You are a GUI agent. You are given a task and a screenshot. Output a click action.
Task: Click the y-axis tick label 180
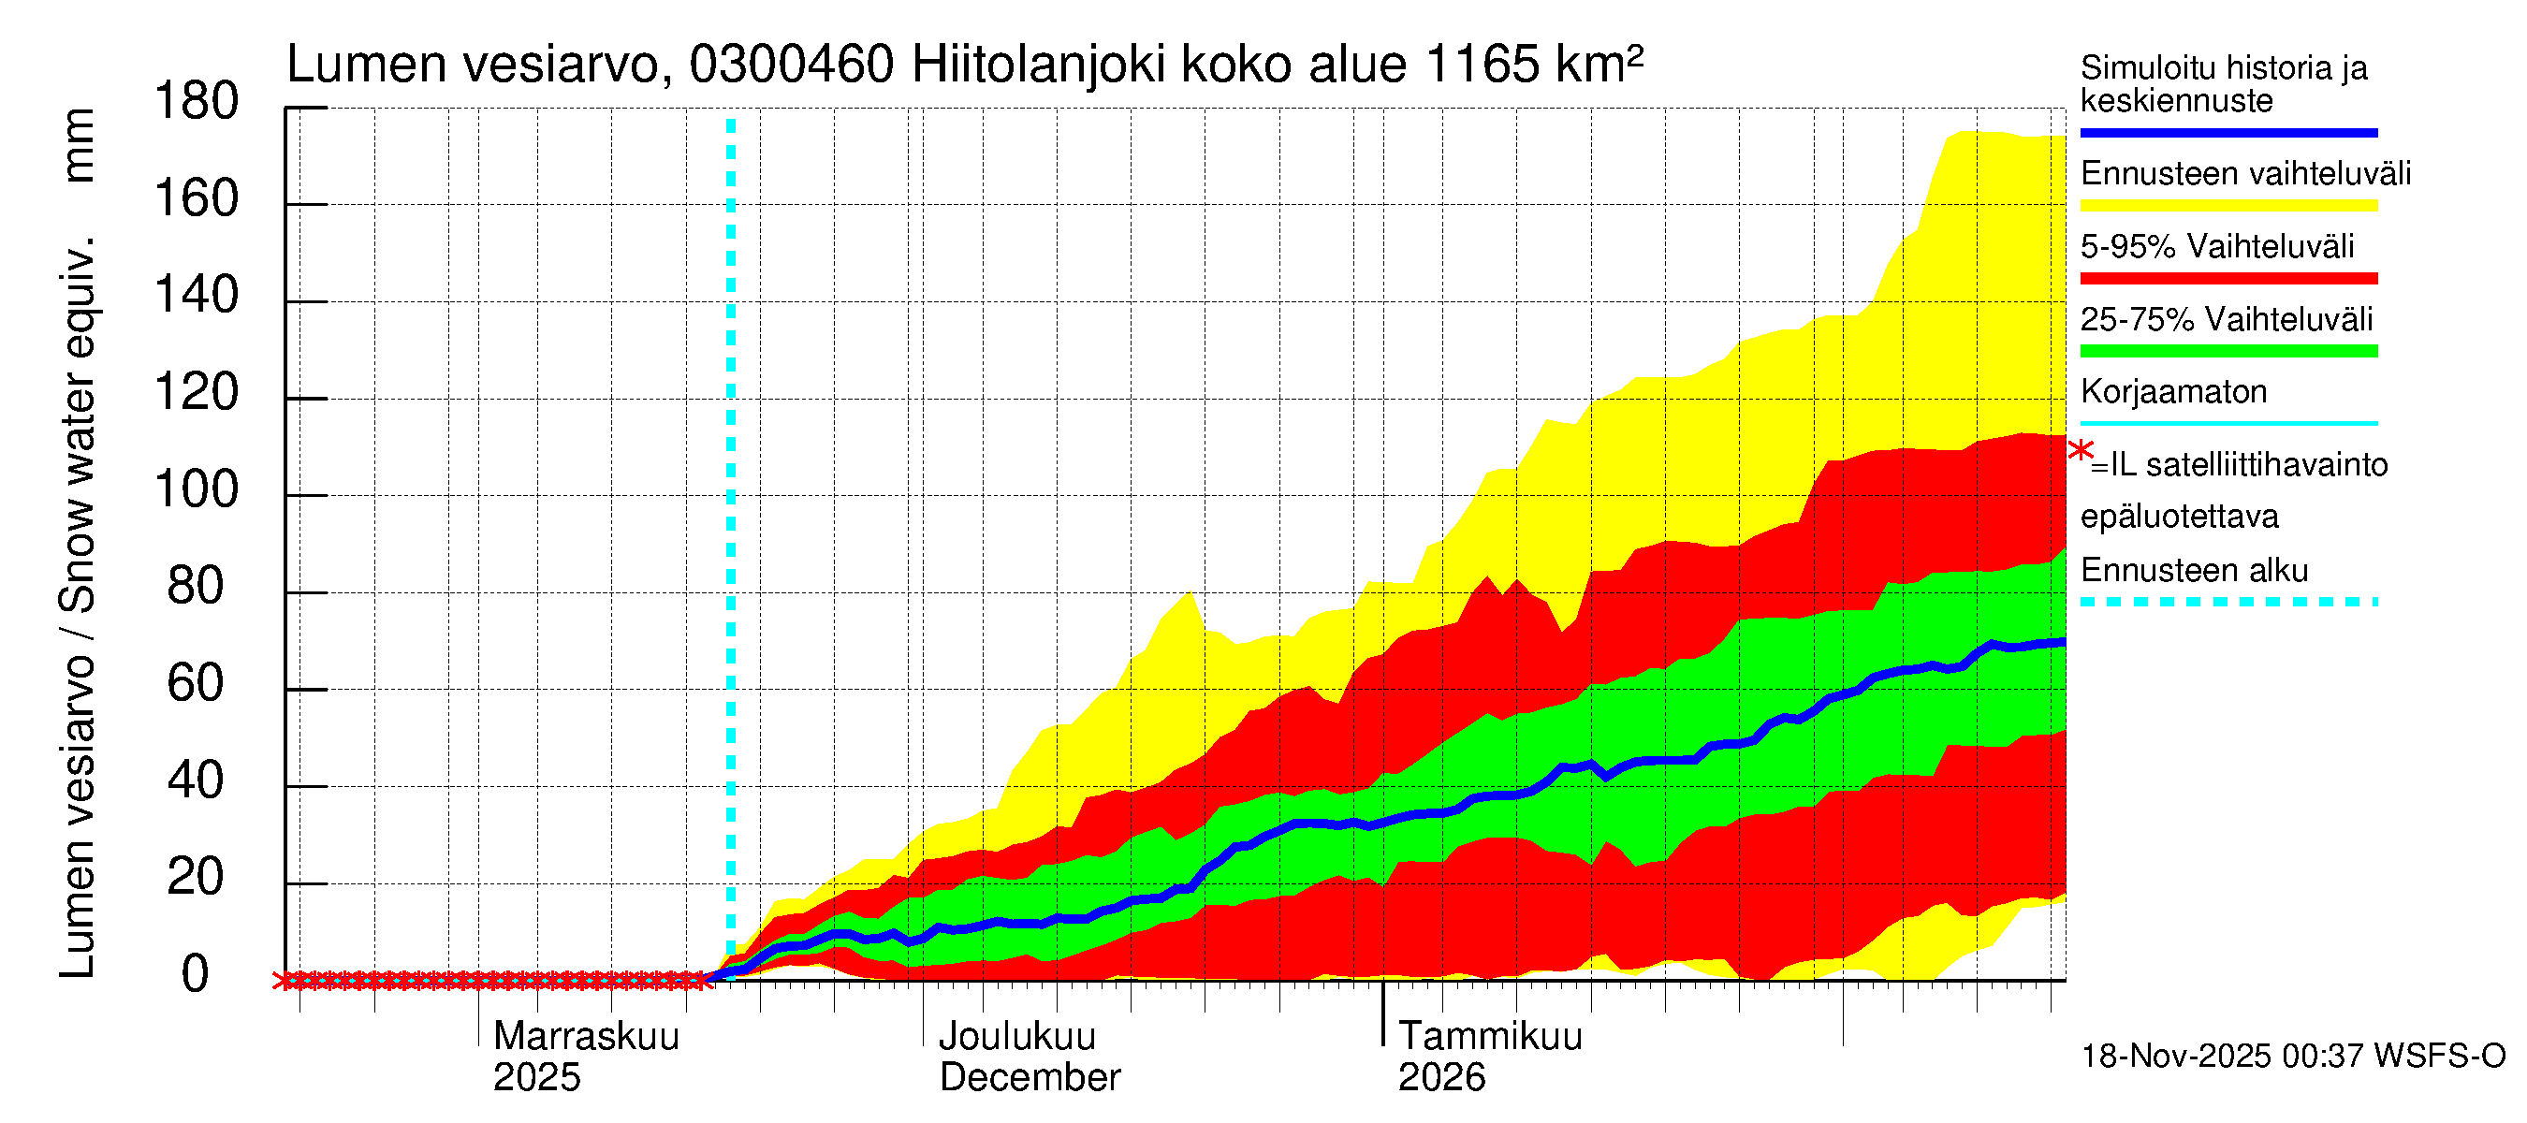197,102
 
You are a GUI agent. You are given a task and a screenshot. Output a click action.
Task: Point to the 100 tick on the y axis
197,489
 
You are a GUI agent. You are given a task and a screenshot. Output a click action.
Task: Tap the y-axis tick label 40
196,780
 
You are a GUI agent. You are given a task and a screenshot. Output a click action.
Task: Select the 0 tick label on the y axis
196,974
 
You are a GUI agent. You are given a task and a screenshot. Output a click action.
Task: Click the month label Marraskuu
586,1036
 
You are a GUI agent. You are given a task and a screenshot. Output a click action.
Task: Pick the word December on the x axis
1029,1077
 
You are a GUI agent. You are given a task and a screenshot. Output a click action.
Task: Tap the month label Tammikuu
1489,1036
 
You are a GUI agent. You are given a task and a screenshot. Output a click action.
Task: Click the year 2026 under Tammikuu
1441,1077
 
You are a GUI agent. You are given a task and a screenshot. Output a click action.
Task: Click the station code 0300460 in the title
791,65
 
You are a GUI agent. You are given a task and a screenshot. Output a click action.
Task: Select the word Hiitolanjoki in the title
1039,65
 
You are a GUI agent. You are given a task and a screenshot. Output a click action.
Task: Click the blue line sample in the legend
2228,132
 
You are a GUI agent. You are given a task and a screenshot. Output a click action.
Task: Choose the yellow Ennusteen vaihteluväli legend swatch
2228,205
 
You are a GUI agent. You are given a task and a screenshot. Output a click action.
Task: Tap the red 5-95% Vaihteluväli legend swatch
2228,279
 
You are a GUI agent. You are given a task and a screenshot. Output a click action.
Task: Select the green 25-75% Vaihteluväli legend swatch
2228,351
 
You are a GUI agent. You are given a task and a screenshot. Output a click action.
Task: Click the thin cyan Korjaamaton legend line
2228,424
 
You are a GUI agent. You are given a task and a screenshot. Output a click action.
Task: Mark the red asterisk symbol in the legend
2080,451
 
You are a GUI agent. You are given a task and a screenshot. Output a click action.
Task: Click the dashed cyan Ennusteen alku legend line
2228,601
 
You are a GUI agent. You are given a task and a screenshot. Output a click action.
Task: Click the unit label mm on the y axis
78,145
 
